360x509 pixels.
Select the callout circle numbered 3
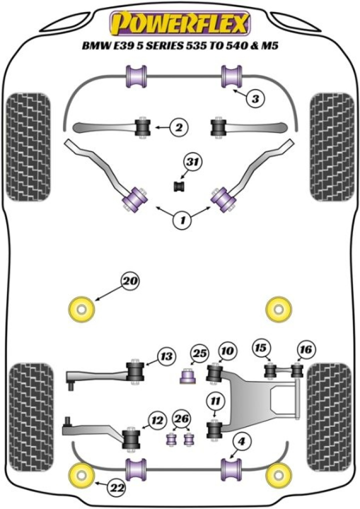point(255,99)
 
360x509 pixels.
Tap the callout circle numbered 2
point(178,128)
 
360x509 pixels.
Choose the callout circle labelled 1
point(182,218)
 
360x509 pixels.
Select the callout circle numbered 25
point(199,354)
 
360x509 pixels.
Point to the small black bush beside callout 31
point(179,186)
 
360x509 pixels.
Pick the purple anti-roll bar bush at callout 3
point(231,76)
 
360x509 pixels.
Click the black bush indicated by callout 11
point(215,430)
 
